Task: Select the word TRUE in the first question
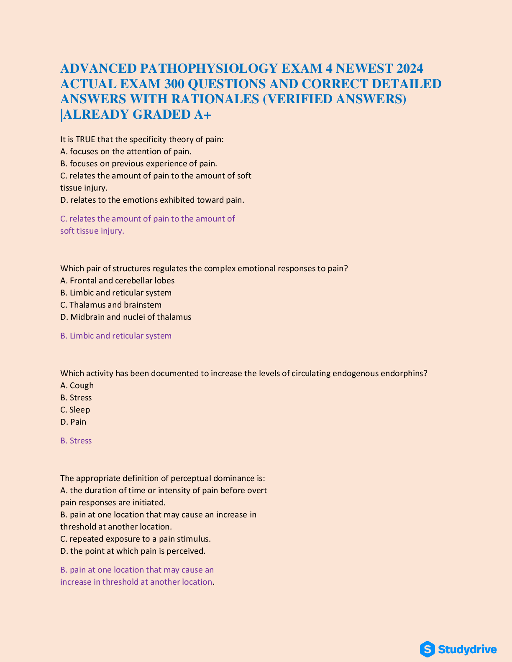click(85, 139)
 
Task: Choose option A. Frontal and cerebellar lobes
click(118, 280)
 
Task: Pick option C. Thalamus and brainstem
click(111, 305)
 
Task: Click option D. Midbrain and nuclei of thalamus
click(126, 317)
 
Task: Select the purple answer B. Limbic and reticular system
click(116, 336)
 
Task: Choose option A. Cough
click(77, 385)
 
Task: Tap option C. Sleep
click(75, 410)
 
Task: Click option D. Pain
click(73, 422)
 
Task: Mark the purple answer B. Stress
click(76, 440)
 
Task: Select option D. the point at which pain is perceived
click(133, 551)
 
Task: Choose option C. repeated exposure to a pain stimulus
click(136, 539)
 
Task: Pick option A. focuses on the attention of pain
click(126, 151)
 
